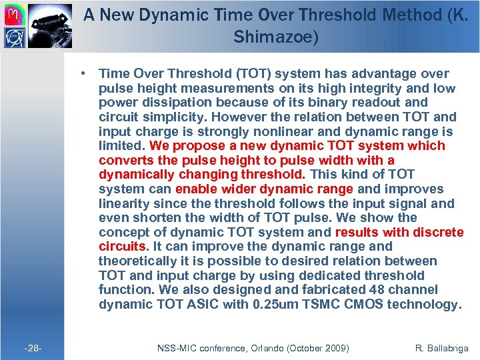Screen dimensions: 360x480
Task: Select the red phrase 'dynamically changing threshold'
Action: pos(202,175)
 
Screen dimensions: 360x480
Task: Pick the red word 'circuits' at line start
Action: pos(122,247)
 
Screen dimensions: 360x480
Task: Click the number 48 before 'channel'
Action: pos(374,290)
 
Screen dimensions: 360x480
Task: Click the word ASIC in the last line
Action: pos(200,305)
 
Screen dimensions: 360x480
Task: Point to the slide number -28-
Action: pos(33,348)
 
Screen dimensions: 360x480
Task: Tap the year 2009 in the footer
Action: pos(337,348)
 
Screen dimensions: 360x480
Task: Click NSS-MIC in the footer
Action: pos(176,348)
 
